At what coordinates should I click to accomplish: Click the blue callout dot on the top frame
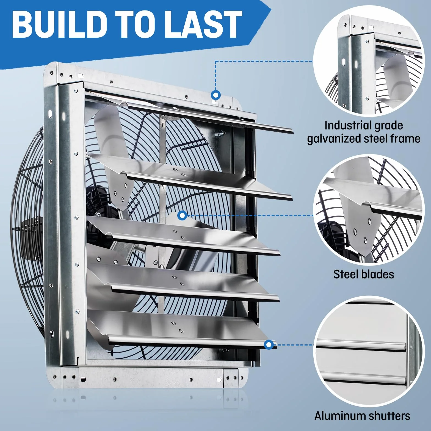(x=216, y=95)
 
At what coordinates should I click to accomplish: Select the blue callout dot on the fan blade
(x=182, y=215)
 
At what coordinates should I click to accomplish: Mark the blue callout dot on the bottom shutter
(x=269, y=344)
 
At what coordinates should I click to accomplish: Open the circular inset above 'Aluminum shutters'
(x=368, y=351)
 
